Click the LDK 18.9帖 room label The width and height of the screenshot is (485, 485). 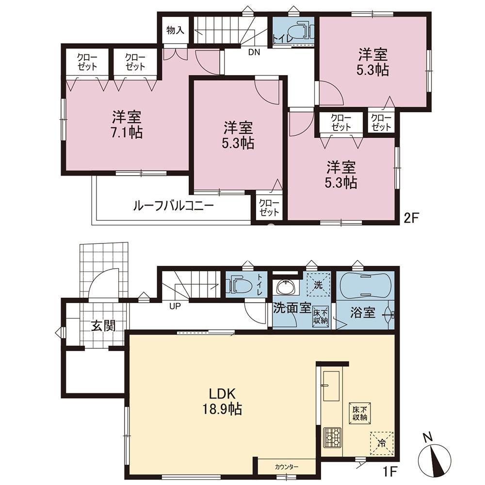point(223,401)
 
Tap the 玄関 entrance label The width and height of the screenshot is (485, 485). point(103,326)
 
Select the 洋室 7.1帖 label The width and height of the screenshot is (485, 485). point(127,124)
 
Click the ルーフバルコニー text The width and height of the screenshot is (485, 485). point(174,205)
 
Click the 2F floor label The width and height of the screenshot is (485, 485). point(411,218)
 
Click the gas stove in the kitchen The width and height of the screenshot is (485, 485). point(332,437)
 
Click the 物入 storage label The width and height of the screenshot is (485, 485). point(176,30)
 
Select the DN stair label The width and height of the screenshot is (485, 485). point(254,52)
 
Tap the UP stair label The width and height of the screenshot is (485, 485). point(175,307)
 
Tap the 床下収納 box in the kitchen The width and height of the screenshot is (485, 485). point(359,413)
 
